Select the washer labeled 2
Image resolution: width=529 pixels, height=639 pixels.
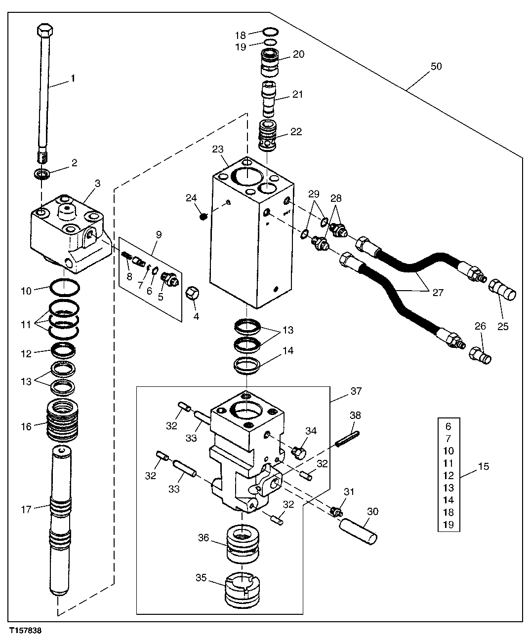pyautogui.click(x=43, y=174)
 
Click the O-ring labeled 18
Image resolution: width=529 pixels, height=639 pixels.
pyautogui.click(x=269, y=32)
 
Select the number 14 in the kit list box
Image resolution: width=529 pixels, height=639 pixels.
pyautogui.click(x=448, y=500)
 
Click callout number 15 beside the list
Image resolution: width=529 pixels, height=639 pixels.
pyautogui.click(x=484, y=466)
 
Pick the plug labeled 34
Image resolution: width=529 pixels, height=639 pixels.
pyautogui.click(x=299, y=451)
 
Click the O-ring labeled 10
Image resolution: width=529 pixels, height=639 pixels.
pyautogui.click(x=64, y=286)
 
